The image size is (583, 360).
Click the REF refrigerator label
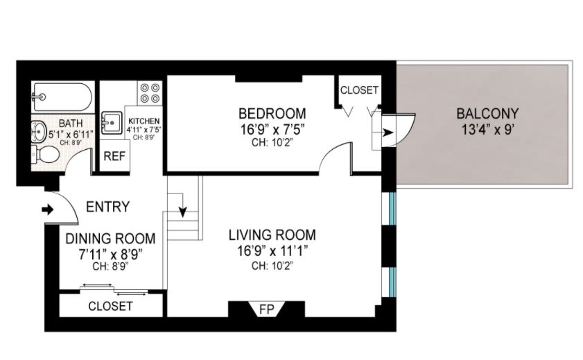click(114, 156)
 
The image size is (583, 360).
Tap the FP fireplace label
click(266, 309)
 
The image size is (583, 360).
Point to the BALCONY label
click(487, 114)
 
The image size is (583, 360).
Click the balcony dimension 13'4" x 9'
click(487, 129)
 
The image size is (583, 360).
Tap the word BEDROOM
click(272, 113)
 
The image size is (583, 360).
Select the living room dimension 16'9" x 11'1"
click(272, 250)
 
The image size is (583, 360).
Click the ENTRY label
click(107, 207)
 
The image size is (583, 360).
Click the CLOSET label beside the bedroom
click(359, 90)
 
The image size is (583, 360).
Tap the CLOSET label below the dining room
click(110, 306)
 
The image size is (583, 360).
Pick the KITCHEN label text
click(144, 121)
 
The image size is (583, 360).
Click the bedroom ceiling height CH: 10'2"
click(272, 143)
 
